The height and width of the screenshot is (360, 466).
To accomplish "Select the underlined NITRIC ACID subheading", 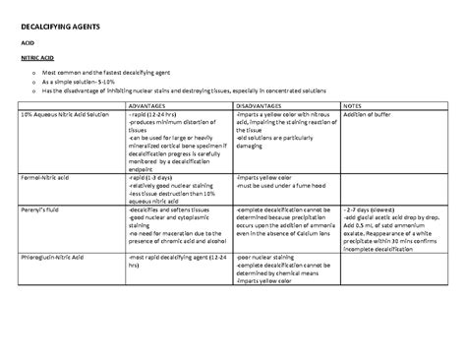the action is click(36, 59).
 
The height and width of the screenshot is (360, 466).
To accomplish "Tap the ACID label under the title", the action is click(28, 42).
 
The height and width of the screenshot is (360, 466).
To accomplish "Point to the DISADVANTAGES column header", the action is click(263, 105).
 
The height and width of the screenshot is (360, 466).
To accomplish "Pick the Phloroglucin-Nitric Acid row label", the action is click(59, 256).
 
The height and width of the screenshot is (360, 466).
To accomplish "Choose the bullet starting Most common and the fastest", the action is click(126, 74).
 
